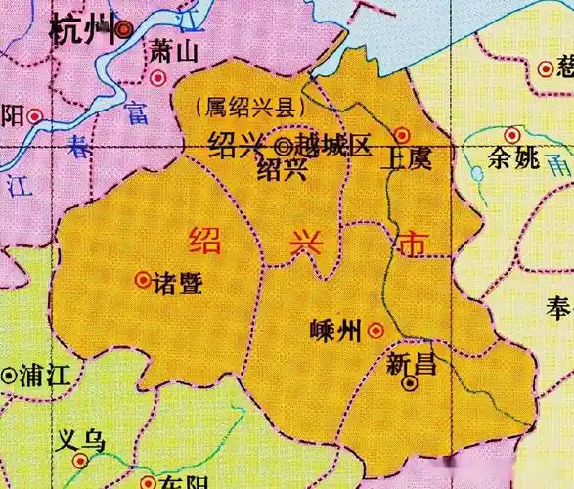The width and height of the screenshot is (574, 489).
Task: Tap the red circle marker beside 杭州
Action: click(124, 30)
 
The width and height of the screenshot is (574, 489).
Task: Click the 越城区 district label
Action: click(333, 147)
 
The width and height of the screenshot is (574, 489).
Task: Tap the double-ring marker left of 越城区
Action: click(283, 147)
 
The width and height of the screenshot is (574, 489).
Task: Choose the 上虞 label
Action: click(410, 157)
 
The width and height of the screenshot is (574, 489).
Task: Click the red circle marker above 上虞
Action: click(401, 134)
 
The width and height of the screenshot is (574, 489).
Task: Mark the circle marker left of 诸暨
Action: click(142, 281)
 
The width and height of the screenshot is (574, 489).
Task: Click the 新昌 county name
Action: click(411, 364)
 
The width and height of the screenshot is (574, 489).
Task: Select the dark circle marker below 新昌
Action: click(411, 385)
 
